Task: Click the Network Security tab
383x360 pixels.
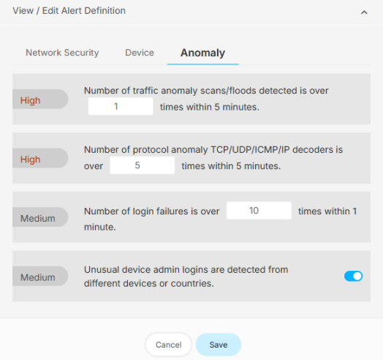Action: pos(62,53)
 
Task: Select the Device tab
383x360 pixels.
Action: pos(140,53)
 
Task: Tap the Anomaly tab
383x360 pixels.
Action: pos(202,53)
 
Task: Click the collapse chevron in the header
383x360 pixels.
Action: pos(364,12)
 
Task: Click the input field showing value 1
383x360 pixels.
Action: pos(121,106)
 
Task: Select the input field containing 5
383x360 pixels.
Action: pos(142,165)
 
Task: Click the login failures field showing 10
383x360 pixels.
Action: pos(259,210)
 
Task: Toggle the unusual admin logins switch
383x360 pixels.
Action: pos(353,276)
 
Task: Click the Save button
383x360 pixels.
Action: pos(219,345)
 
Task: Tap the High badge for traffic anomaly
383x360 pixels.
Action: pos(40,100)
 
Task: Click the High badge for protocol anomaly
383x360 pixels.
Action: pos(40,158)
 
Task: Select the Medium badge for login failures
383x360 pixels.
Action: pos(40,217)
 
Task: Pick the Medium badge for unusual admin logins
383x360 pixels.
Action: pos(40,277)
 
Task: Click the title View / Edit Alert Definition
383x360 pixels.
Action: pos(69,11)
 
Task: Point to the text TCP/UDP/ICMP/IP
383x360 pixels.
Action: pos(250,150)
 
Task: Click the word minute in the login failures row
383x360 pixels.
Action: pos(100,227)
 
